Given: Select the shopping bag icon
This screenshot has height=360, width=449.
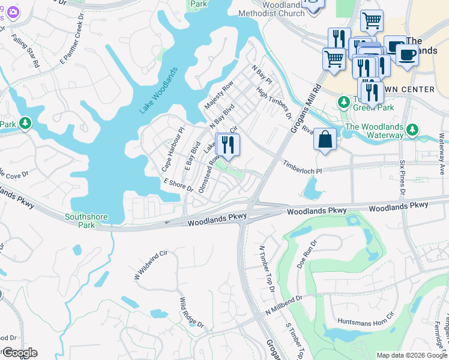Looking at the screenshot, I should pos(325,139).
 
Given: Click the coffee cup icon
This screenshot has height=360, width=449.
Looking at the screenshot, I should pos(407,55).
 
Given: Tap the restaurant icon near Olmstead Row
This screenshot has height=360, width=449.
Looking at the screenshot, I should pos(228,145).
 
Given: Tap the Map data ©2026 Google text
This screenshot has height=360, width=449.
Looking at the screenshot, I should pos(411,355).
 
